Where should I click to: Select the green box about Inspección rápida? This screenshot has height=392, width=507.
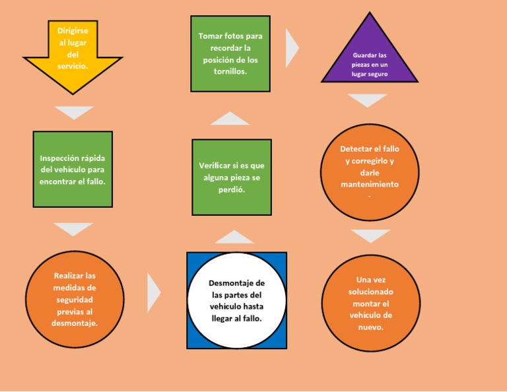pyautogui.click(x=73, y=169)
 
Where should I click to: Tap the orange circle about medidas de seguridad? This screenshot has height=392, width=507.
pyautogui.click(x=75, y=299)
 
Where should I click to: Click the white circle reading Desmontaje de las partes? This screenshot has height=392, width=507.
pyautogui.click(x=236, y=300)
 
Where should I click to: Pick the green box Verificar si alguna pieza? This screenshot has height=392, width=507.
pyautogui.click(x=232, y=177)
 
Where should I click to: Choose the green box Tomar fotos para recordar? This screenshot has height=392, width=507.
pyautogui.click(x=230, y=53)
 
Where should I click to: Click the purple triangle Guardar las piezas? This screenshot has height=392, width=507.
pyautogui.click(x=370, y=61)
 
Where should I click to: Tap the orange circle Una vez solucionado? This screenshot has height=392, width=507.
pyautogui.click(x=371, y=303)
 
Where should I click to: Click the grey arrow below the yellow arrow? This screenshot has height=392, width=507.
pyautogui.click(x=73, y=112)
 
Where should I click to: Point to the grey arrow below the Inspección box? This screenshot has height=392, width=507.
pyautogui.click(x=73, y=228)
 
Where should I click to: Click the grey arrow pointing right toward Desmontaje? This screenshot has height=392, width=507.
pyautogui.click(x=153, y=292)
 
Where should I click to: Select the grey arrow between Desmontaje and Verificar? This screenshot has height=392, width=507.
pyautogui.click(x=234, y=237)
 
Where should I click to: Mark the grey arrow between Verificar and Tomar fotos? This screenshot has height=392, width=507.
pyautogui.click(x=230, y=119)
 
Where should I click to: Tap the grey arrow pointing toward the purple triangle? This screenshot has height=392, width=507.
pyautogui.click(x=292, y=48)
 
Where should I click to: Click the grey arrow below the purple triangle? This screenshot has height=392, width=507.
pyautogui.click(x=368, y=100)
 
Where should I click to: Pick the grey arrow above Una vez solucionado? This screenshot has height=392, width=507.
pyautogui.click(x=370, y=235)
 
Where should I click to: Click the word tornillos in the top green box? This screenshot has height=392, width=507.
pyautogui.click(x=230, y=72)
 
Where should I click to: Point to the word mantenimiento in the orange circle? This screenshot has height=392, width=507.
pyautogui.click(x=370, y=185)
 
